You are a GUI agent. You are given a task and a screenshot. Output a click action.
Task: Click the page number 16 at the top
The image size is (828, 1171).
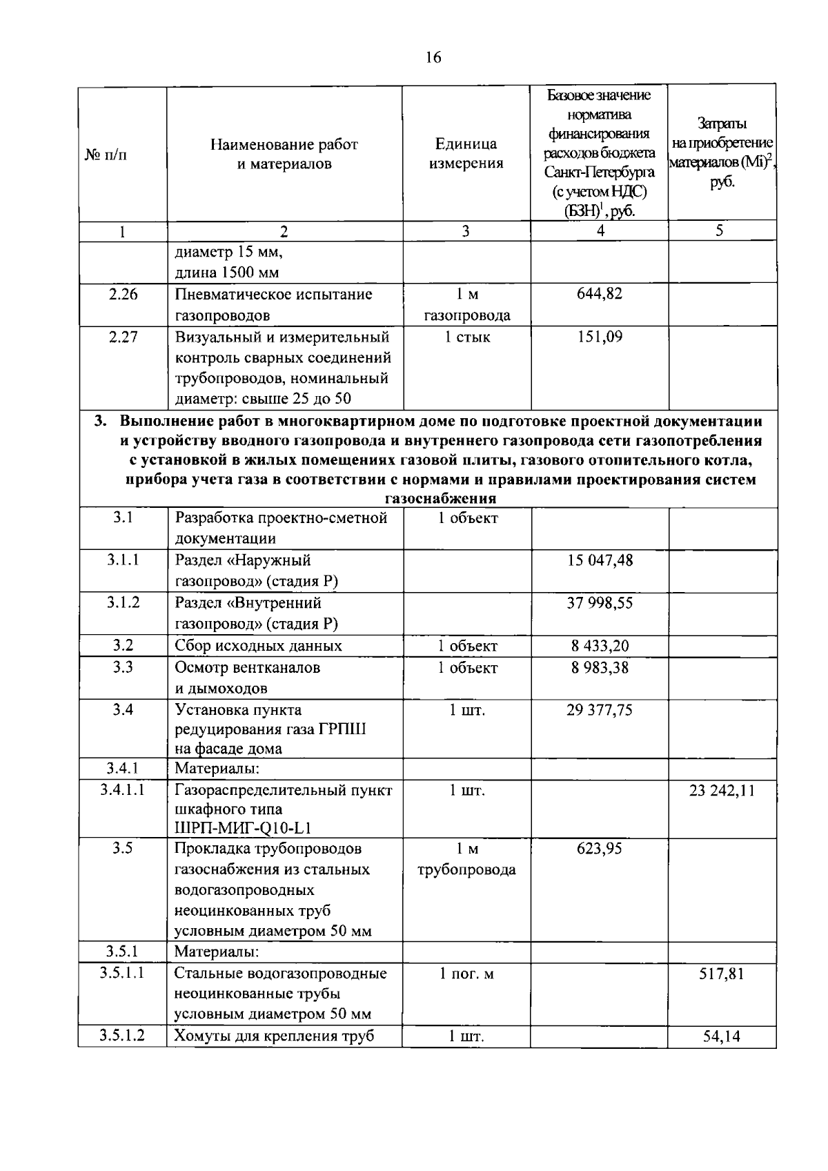433,58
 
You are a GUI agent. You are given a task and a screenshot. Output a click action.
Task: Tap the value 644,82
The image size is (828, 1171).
599,294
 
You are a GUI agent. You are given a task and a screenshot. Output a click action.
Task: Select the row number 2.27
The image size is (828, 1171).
123,337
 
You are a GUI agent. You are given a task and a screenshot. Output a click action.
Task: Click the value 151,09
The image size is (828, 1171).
599,337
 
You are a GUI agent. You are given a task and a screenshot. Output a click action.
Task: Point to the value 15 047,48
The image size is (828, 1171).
599,560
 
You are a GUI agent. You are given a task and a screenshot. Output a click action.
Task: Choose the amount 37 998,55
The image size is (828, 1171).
599,603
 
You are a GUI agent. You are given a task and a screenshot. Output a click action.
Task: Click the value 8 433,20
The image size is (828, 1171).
599,646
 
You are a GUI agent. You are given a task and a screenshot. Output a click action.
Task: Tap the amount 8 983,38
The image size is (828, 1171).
599,667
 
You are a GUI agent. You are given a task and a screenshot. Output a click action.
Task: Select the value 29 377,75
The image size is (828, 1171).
599,710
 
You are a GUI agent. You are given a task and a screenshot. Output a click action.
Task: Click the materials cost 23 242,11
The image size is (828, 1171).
722,791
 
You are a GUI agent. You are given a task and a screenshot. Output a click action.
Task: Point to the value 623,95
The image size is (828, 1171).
599,849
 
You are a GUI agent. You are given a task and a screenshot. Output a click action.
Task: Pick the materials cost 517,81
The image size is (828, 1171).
722,974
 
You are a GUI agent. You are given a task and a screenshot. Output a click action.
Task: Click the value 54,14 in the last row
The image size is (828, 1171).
722,1036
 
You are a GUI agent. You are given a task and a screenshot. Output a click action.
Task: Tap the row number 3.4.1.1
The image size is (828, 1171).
122,790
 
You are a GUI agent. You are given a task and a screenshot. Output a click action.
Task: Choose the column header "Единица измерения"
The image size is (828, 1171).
466,153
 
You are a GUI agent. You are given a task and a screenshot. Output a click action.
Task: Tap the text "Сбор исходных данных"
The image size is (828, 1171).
258,646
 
